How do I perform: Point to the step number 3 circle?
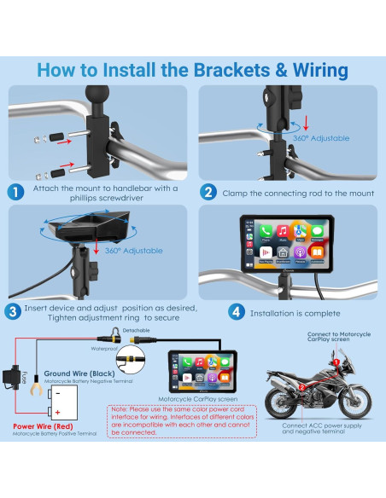15,312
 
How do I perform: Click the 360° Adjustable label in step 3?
137,251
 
